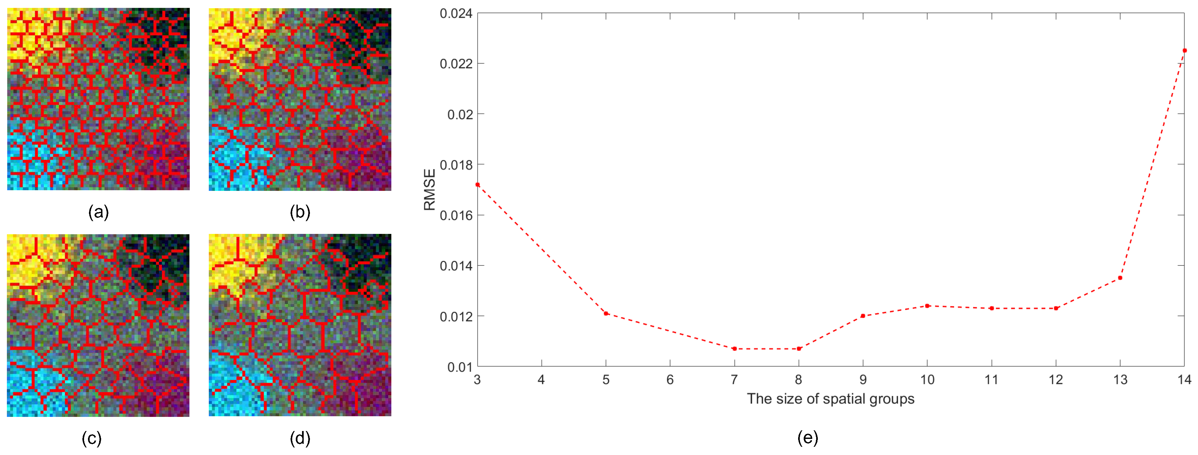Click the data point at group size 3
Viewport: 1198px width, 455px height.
(478, 185)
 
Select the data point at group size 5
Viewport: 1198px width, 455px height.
(606, 313)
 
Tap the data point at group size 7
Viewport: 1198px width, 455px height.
(734, 349)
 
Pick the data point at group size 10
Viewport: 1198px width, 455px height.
(927, 306)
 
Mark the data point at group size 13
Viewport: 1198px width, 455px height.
(1120, 278)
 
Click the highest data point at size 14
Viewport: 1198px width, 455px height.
(1185, 50)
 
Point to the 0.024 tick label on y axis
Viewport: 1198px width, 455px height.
(456, 13)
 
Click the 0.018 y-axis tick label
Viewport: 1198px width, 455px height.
(456, 165)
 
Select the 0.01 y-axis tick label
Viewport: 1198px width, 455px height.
(460, 367)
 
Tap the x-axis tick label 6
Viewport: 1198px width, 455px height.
(670, 380)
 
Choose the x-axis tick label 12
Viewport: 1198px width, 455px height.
(1056, 380)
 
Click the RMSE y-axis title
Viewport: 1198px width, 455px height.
(429, 189)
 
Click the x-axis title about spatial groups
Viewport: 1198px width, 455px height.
(831, 399)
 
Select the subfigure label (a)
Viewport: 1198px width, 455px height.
(98, 212)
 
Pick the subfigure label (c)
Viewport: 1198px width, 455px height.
(92, 438)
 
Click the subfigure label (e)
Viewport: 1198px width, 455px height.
(807, 438)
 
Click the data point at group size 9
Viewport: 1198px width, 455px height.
(863, 316)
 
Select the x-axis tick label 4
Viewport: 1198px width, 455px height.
(541, 380)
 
